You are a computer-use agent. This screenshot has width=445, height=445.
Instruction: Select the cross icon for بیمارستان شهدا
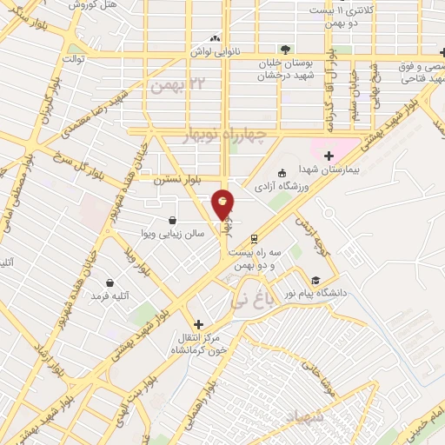pos(329,156)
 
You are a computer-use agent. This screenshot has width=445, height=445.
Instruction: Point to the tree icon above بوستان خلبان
pos(283,49)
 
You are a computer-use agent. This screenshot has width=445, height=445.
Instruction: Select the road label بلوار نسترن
pos(177,180)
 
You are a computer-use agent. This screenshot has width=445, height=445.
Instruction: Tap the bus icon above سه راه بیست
pos(254,238)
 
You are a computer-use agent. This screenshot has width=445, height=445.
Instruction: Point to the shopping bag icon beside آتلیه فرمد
pos(110,282)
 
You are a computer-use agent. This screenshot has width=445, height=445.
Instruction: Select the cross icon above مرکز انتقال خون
pos(199,323)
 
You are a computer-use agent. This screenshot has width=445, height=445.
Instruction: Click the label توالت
pos(72,59)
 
